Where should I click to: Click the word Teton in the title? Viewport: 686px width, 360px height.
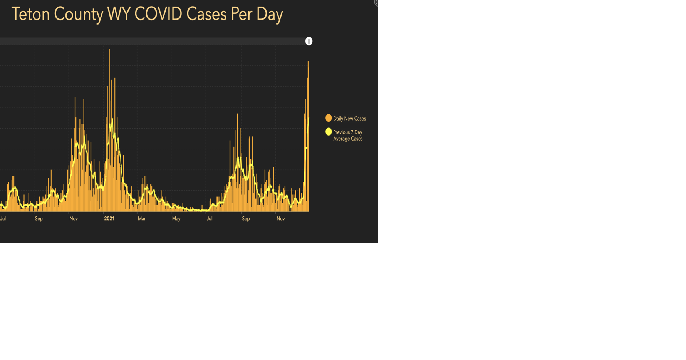31,15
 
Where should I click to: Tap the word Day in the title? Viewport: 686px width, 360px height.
270,15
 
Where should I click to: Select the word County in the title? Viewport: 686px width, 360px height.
79,15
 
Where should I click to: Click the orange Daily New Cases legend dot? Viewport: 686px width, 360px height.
329,118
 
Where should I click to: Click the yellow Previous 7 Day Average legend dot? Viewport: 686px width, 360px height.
329,132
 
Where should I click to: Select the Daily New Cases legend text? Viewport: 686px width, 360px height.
349,119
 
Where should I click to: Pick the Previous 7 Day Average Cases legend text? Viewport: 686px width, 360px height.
348,136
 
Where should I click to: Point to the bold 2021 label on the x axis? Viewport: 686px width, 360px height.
109,219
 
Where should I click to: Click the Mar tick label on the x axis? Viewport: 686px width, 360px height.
142,219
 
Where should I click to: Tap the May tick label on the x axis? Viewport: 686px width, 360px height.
176,219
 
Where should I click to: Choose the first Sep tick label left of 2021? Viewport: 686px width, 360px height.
39,219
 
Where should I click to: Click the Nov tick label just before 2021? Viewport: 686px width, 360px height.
74,219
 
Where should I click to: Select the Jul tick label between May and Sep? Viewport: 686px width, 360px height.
210,219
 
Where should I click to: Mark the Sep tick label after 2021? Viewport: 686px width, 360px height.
246,219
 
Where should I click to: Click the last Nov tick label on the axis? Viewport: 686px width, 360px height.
281,219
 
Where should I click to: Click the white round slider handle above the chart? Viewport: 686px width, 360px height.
309,41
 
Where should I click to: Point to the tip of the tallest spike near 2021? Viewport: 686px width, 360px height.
109,50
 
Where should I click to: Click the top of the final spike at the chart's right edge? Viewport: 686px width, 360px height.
308,62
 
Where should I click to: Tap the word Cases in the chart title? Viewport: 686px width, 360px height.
206,15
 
